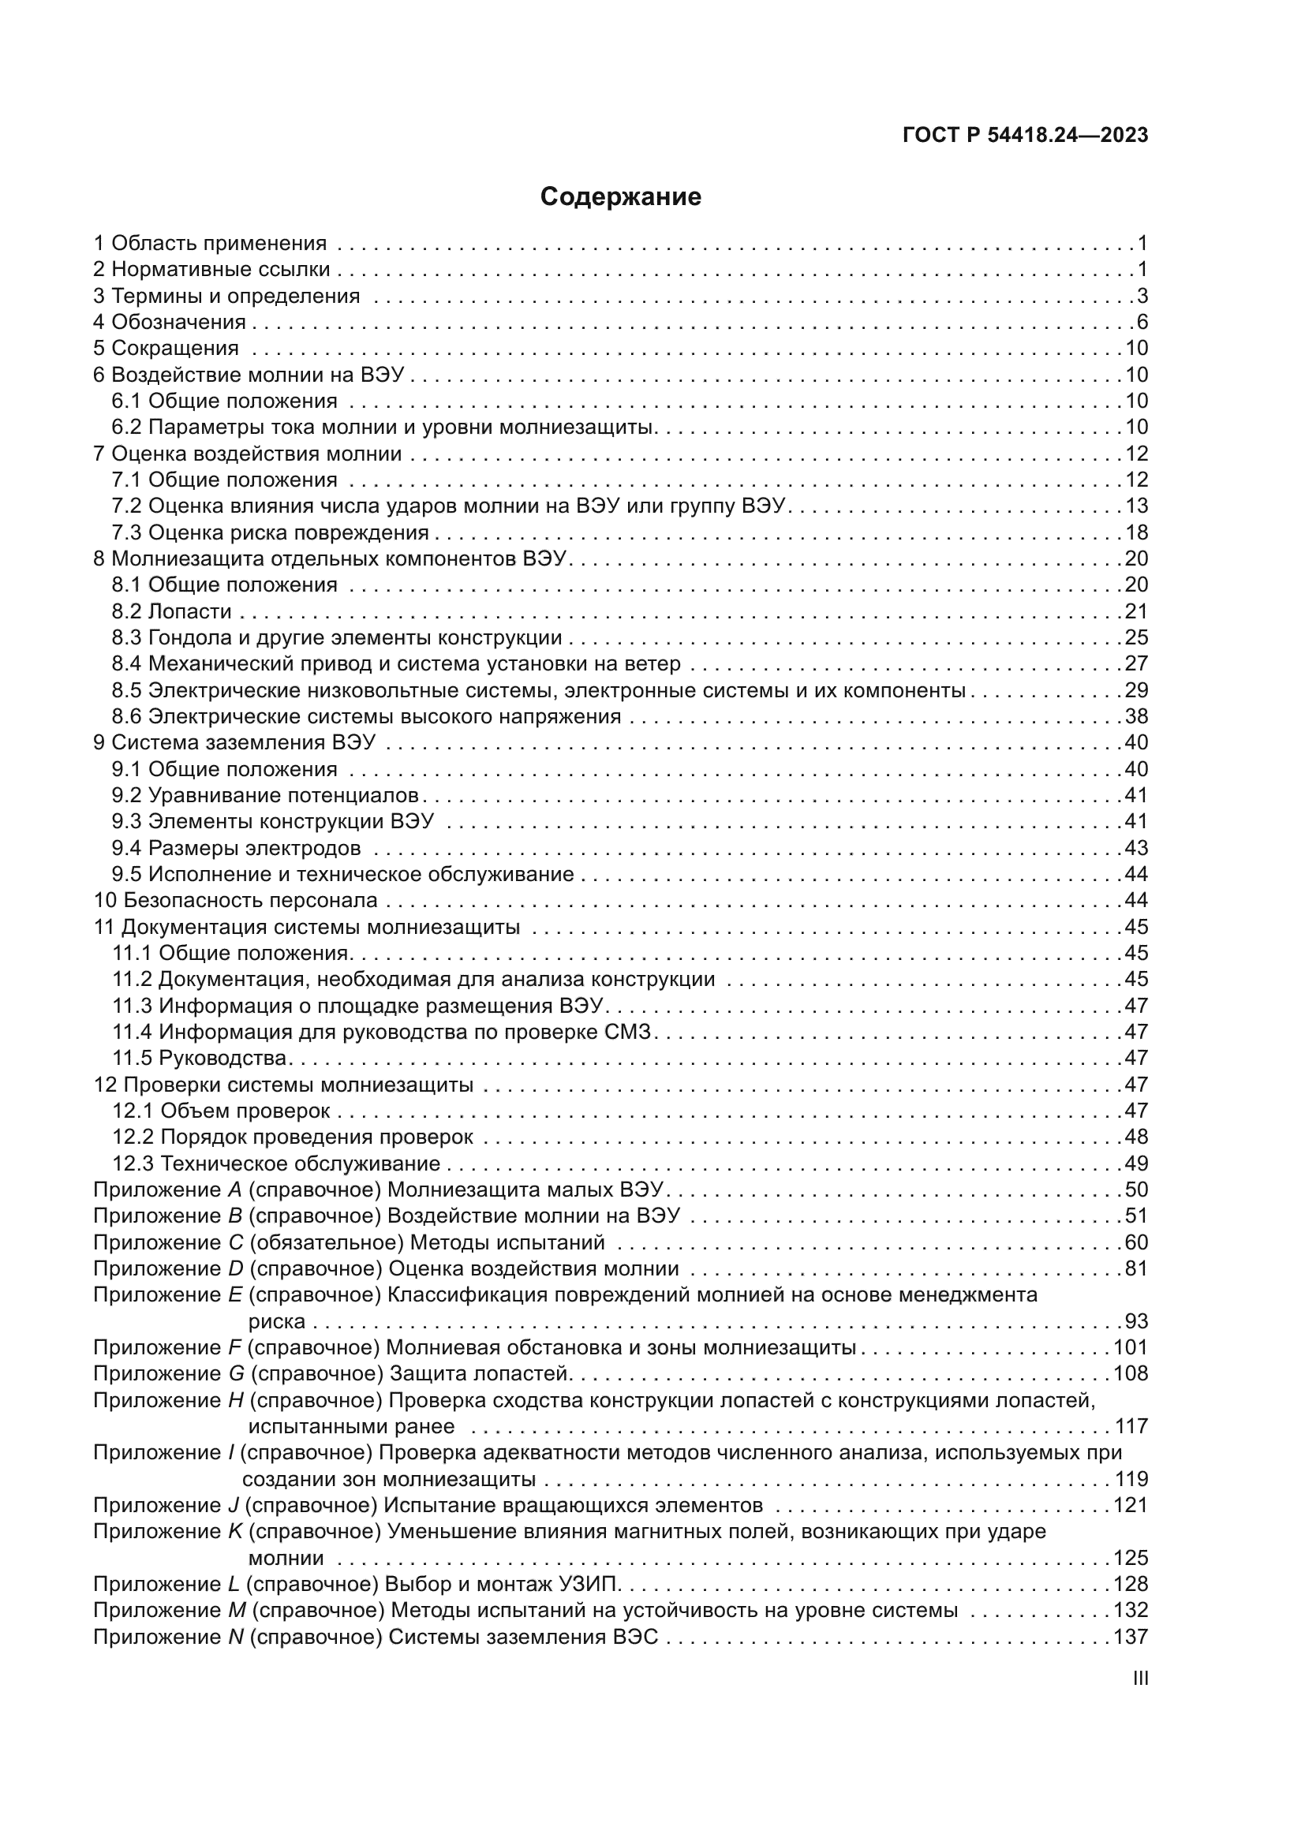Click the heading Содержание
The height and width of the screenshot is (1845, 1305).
(x=620, y=197)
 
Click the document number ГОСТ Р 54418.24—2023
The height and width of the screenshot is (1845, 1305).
(x=1026, y=135)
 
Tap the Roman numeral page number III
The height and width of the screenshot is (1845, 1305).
(x=1139, y=1679)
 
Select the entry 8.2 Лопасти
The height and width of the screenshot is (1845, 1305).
(x=171, y=611)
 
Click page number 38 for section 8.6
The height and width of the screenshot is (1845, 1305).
(x=1136, y=716)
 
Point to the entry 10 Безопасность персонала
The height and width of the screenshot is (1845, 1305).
(x=235, y=900)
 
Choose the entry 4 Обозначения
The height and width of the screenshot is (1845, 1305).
(x=170, y=323)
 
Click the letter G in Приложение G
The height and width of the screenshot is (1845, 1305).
(x=236, y=1373)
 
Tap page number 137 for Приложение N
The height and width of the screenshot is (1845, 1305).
(x=1131, y=1637)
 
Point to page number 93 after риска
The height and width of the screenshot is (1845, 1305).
(x=1136, y=1321)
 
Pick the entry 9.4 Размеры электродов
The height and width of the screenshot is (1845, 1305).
(x=236, y=848)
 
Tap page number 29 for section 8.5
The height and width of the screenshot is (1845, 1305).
(x=1136, y=690)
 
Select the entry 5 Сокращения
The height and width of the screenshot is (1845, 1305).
(x=166, y=348)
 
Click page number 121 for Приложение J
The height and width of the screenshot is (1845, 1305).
(x=1131, y=1505)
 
